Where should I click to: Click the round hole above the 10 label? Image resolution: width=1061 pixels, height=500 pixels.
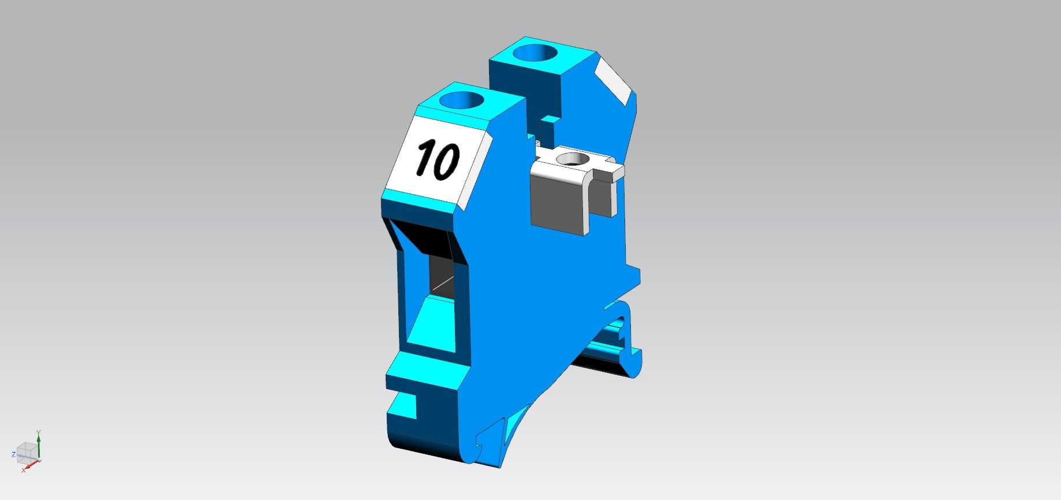[x=461, y=100]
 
